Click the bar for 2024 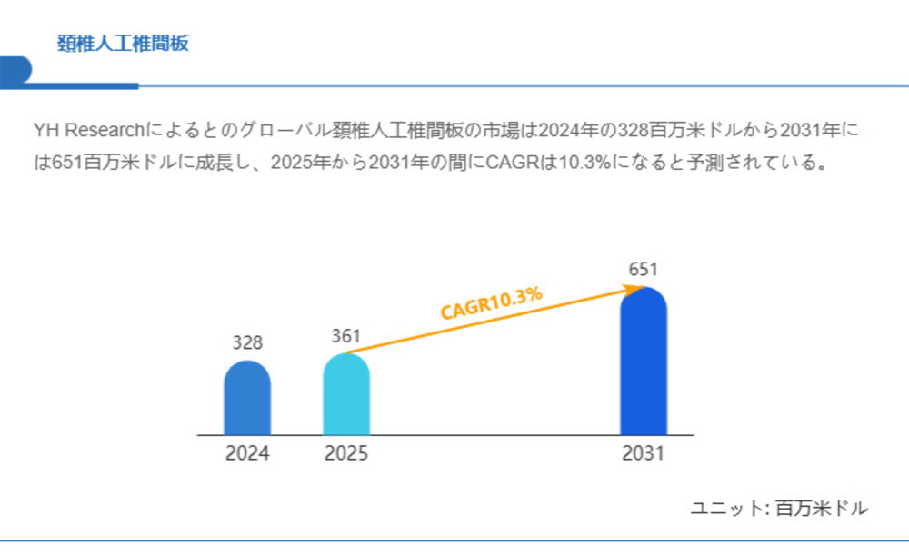(x=247, y=400)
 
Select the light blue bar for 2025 (x=346, y=396)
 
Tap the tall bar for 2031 (x=644, y=363)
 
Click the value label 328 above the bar (x=247, y=343)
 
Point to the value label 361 (x=346, y=336)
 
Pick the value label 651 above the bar (x=643, y=269)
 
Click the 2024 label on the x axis (x=247, y=453)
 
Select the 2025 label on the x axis (x=346, y=453)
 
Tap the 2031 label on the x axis (x=643, y=453)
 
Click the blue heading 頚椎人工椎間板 (x=123, y=44)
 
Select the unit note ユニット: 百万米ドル (x=779, y=509)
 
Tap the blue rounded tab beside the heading (x=15, y=70)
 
